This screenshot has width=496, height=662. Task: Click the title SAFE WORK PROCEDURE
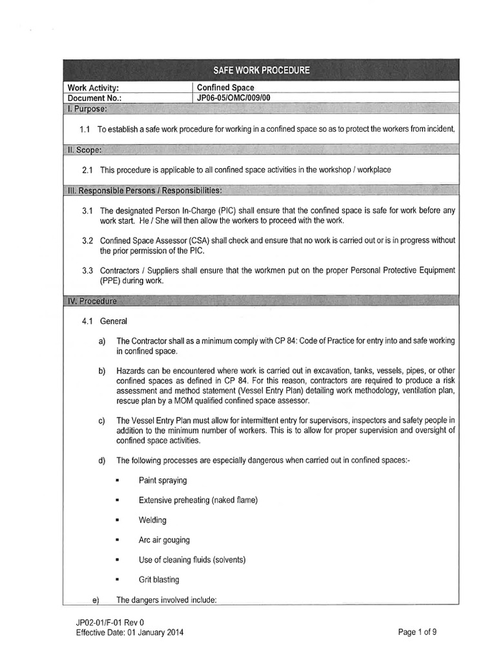tap(261, 70)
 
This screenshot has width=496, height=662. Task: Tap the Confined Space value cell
tap(225, 87)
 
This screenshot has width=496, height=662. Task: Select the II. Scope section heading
tap(85, 149)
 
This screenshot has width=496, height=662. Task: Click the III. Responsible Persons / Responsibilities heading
tap(145, 191)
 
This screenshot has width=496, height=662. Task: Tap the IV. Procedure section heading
tap(92, 301)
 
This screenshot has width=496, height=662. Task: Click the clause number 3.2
tap(88, 240)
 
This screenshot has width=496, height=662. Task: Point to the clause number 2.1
tap(88, 169)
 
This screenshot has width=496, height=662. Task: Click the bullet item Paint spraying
tap(163, 480)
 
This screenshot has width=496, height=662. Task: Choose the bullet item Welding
tap(152, 520)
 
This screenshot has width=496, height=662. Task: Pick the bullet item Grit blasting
tap(159, 579)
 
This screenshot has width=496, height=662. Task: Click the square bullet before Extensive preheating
tap(118, 500)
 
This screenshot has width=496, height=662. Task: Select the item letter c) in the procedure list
tap(101, 421)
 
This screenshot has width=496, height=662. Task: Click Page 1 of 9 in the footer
tap(421, 632)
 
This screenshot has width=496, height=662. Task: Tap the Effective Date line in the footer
tap(129, 632)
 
